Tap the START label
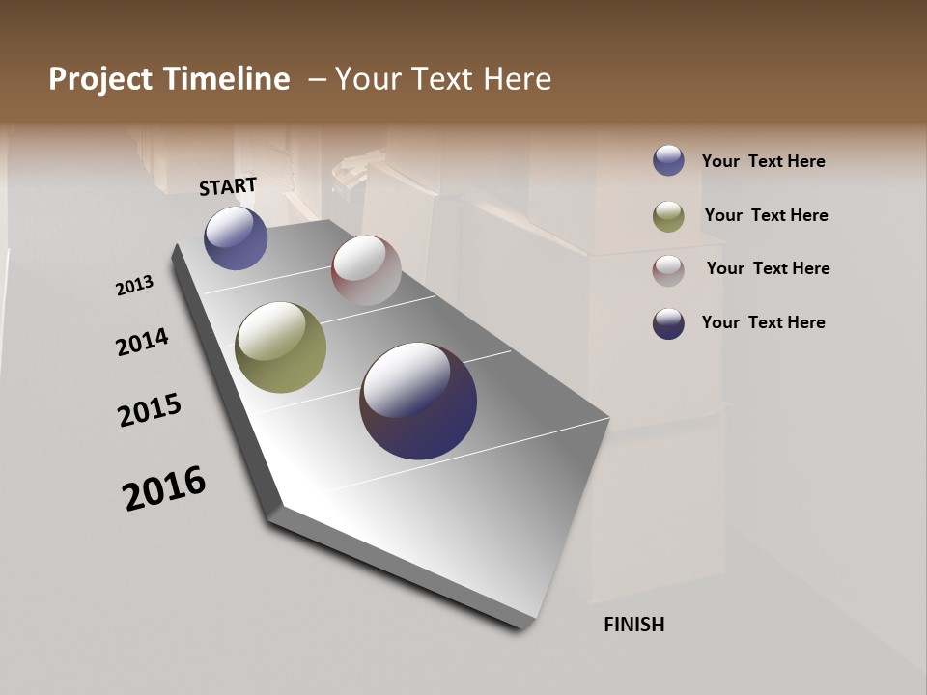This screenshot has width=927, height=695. click(228, 186)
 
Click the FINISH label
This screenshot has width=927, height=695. click(633, 625)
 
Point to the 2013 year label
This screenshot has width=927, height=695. click(135, 286)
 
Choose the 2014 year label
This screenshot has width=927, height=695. click(142, 342)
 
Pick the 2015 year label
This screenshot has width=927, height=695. click(150, 410)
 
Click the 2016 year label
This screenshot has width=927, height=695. click(164, 488)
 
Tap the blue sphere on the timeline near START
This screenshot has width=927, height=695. click(236, 237)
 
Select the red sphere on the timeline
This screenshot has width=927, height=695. click(366, 270)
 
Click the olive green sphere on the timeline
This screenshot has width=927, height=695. click(280, 347)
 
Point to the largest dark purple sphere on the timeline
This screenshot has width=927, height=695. click(418, 401)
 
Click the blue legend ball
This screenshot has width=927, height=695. click(668, 160)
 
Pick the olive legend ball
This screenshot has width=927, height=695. click(668, 216)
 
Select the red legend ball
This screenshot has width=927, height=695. click(668, 270)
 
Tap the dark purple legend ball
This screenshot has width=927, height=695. click(668, 323)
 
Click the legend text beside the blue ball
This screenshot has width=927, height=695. click(763, 161)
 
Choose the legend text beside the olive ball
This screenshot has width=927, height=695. click(766, 215)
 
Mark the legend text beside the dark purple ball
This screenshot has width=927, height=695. click(763, 322)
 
